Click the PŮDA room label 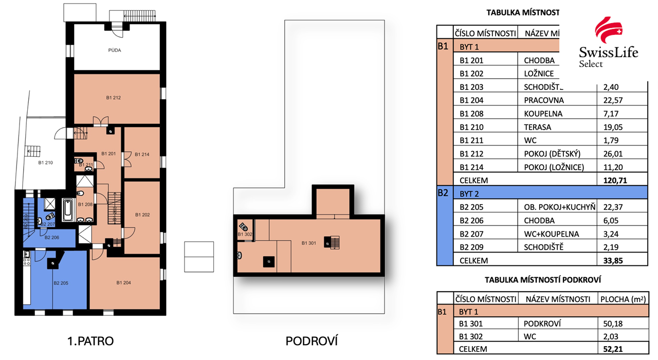[115, 50]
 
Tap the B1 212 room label [113, 97]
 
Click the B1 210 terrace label [46, 163]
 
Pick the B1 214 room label [142, 154]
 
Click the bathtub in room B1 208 [68, 210]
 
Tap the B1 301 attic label [310, 243]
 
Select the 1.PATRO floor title [90, 341]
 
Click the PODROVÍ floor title [312, 341]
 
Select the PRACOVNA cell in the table [543, 100]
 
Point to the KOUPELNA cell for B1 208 [543, 114]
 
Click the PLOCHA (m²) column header [623, 299]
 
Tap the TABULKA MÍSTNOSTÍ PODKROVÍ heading [543, 280]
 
